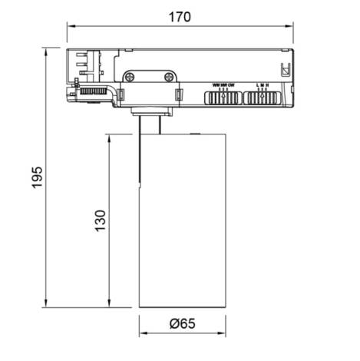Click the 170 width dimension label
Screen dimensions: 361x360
180,15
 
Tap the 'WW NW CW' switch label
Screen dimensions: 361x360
223,84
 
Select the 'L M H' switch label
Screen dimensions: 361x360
263,84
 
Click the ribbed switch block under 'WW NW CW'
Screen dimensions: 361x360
223,97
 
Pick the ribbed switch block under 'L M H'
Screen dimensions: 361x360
263,97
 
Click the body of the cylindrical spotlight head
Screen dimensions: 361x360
182,223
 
